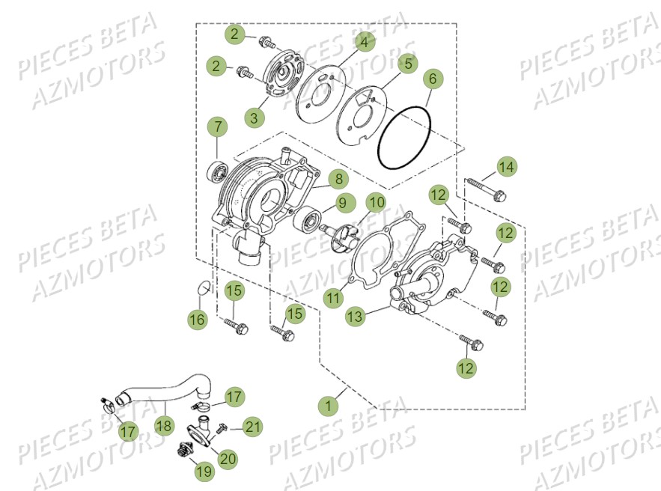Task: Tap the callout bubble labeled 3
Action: tap(255, 118)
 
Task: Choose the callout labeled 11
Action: tap(333, 298)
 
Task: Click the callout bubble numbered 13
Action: tap(356, 317)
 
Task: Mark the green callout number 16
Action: tap(197, 320)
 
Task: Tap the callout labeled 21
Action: tap(254, 427)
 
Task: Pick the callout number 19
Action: tap(203, 471)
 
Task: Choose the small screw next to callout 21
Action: tap(222, 429)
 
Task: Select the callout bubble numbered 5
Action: tap(408, 64)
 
